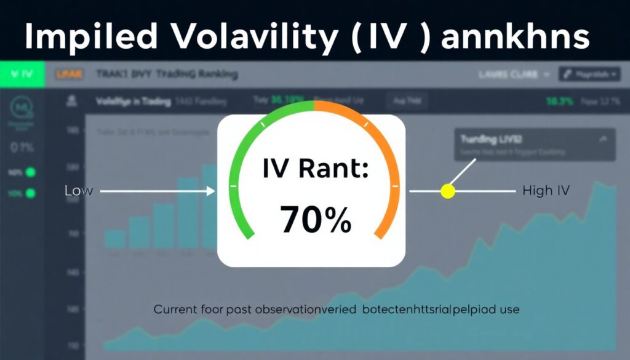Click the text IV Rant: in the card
click(x=315, y=169)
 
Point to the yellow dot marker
click(x=448, y=191)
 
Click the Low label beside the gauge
click(x=78, y=191)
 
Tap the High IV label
click(x=546, y=191)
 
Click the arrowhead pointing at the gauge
click(x=211, y=191)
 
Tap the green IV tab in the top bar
click(x=22, y=74)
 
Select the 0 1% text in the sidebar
click(x=22, y=148)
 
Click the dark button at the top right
click(x=588, y=74)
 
